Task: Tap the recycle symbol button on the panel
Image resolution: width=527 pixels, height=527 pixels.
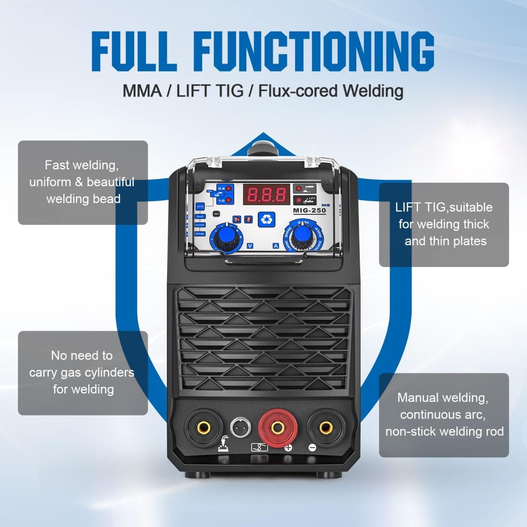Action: click(267, 218)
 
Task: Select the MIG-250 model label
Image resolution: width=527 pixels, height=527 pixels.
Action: click(310, 210)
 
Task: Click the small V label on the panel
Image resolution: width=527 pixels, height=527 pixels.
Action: click(250, 246)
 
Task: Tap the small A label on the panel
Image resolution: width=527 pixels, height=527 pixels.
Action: click(276, 246)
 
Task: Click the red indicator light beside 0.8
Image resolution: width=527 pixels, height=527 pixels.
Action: click(229, 188)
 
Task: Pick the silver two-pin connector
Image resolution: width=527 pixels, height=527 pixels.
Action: click(241, 427)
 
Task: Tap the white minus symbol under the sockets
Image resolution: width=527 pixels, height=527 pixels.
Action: click(312, 448)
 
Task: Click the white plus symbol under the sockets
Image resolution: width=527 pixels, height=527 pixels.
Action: click(289, 448)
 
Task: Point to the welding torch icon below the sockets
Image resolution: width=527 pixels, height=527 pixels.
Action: click(224, 444)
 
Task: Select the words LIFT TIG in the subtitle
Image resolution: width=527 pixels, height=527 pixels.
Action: click(209, 91)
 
